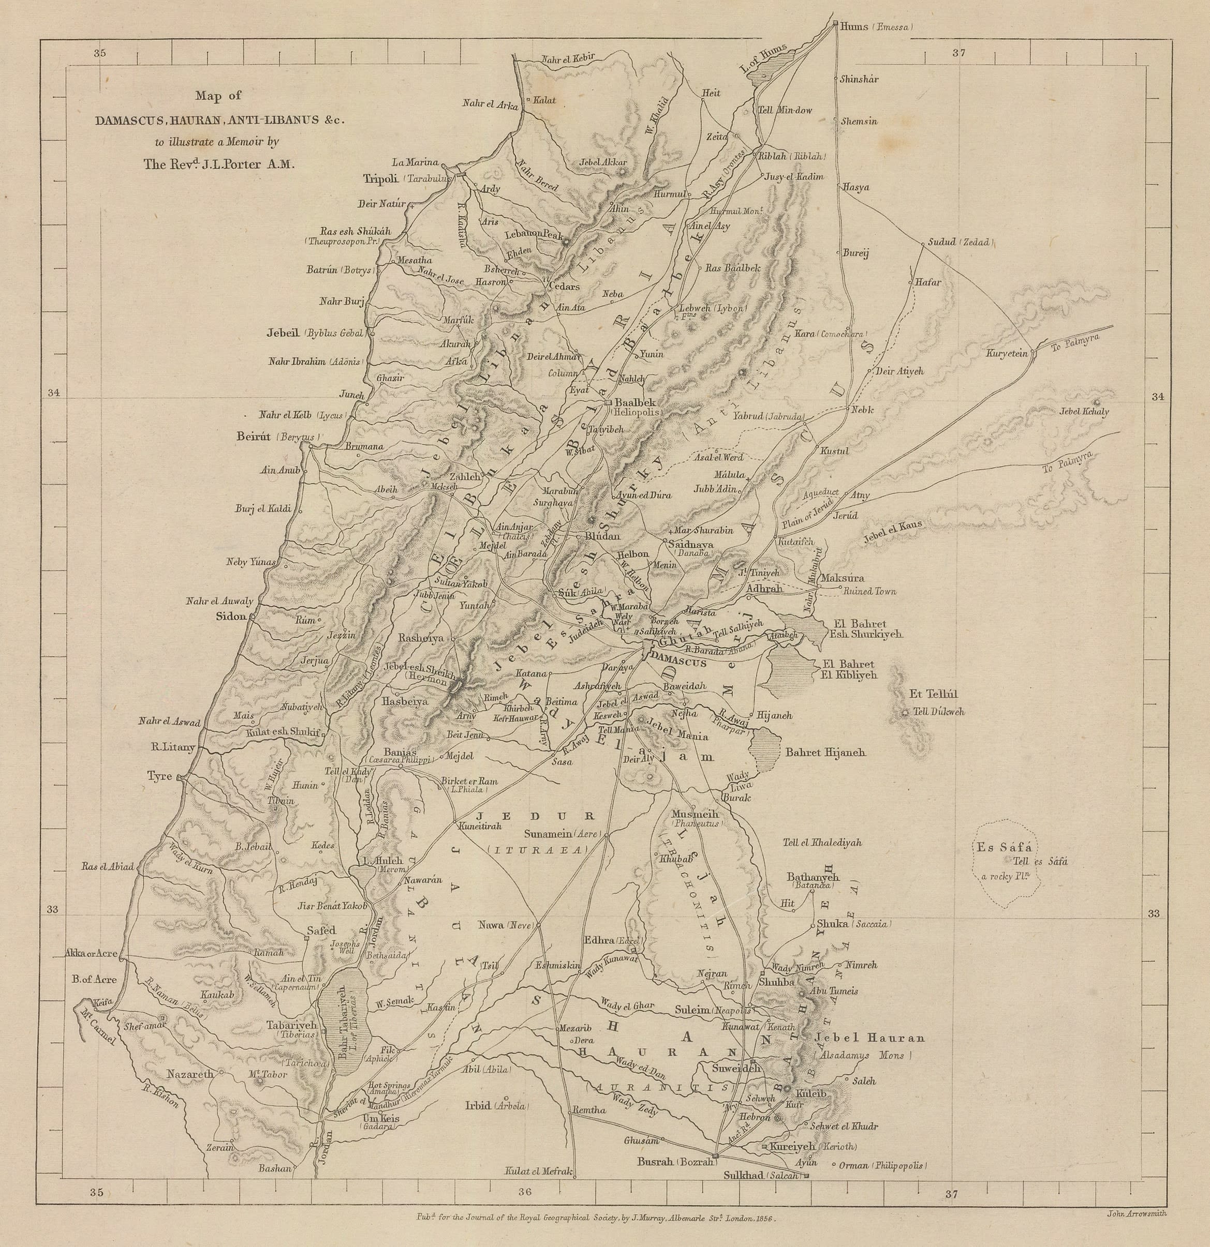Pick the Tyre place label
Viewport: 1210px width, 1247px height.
coord(160,777)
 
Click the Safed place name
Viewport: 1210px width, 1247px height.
coord(321,930)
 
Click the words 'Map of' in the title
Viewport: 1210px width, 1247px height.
coord(218,96)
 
